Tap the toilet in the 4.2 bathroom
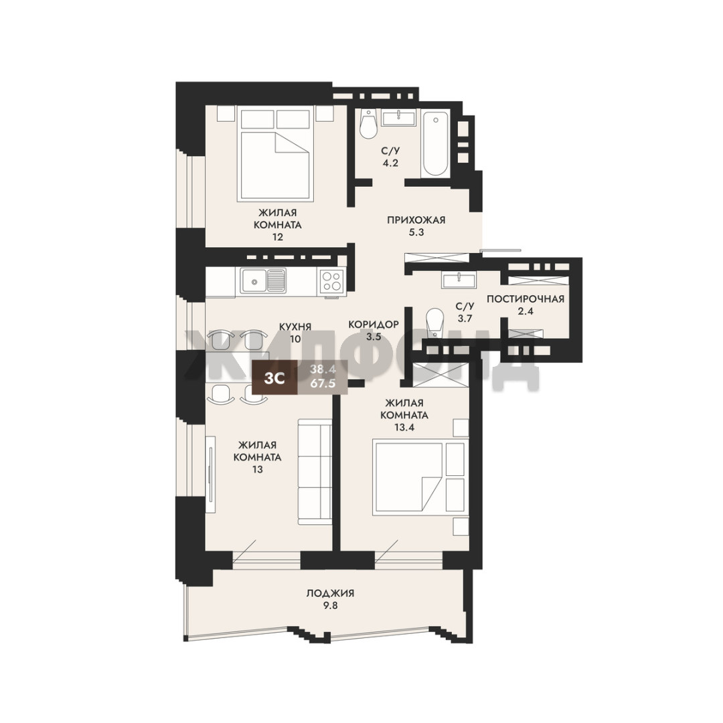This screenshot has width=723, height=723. [369, 124]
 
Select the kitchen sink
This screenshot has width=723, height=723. [262, 280]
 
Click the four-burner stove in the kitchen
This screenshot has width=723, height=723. [332, 280]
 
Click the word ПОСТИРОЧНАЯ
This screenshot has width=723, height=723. [526, 299]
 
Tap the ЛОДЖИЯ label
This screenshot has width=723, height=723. [330, 593]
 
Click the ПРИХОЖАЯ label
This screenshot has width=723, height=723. [416, 220]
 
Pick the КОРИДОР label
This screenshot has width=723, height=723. [374, 325]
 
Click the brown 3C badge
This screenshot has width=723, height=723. [274, 378]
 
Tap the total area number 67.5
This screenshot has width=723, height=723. [323, 383]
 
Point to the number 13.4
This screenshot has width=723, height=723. [404, 427]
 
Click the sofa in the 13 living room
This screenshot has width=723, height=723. [315, 472]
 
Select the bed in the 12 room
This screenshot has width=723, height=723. [275, 153]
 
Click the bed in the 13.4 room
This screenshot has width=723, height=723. [420, 477]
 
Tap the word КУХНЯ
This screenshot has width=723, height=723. [295, 327]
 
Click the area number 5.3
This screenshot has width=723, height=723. [416, 232]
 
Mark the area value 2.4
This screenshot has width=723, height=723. [526, 311]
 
